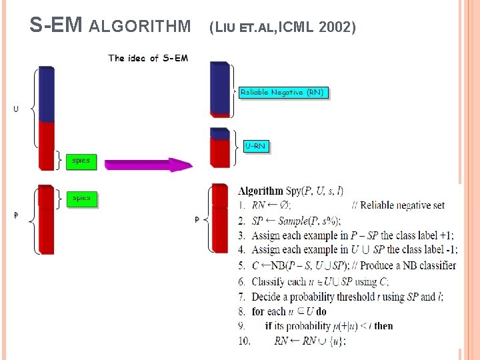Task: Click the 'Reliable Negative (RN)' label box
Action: pos(284,93)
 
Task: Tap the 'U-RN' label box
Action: pos(255,146)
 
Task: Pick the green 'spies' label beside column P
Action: pos(81,198)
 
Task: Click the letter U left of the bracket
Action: pos(16,109)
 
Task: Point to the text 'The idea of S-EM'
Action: pos(148,58)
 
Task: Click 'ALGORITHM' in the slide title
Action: pos(139,27)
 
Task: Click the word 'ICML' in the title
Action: pos(297,27)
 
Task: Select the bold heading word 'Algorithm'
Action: pos(260,191)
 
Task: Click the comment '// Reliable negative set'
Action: pos(398,205)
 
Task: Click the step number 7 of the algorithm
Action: pos(242,297)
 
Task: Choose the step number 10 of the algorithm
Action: pos(244,341)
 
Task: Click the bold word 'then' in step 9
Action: pos(383,326)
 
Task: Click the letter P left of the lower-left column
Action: pos(16,215)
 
